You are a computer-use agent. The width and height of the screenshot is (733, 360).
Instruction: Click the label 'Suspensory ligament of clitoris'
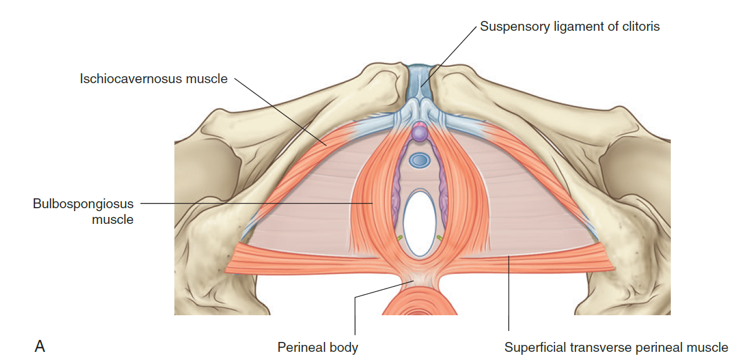[x=570, y=27]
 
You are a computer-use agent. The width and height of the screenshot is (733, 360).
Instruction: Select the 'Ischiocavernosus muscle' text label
[x=154, y=79]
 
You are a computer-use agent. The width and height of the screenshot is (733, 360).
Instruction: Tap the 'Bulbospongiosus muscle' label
[x=84, y=212]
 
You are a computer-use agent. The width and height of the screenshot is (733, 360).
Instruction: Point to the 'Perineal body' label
[x=317, y=348]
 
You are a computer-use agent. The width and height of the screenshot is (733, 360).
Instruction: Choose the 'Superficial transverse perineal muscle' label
[x=616, y=348]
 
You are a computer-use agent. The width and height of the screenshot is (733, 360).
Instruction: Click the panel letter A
[x=40, y=347]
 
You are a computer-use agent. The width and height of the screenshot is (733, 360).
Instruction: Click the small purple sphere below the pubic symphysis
[x=419, y=133]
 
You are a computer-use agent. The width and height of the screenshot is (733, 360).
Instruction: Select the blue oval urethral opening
[x=419, y=160]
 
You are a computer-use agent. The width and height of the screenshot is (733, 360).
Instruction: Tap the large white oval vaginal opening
[x=419, y=223]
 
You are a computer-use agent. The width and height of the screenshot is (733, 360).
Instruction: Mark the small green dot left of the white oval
[x=399, y=238]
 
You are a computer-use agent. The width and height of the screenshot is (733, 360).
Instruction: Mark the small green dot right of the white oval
[x=439, y=237]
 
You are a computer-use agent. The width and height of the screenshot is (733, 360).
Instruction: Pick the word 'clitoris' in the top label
[x=640, y=27]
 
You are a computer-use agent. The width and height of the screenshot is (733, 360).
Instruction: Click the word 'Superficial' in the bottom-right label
[x=534, y=348]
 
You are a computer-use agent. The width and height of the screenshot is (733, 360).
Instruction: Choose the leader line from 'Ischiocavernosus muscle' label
[x=279, y=111]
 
